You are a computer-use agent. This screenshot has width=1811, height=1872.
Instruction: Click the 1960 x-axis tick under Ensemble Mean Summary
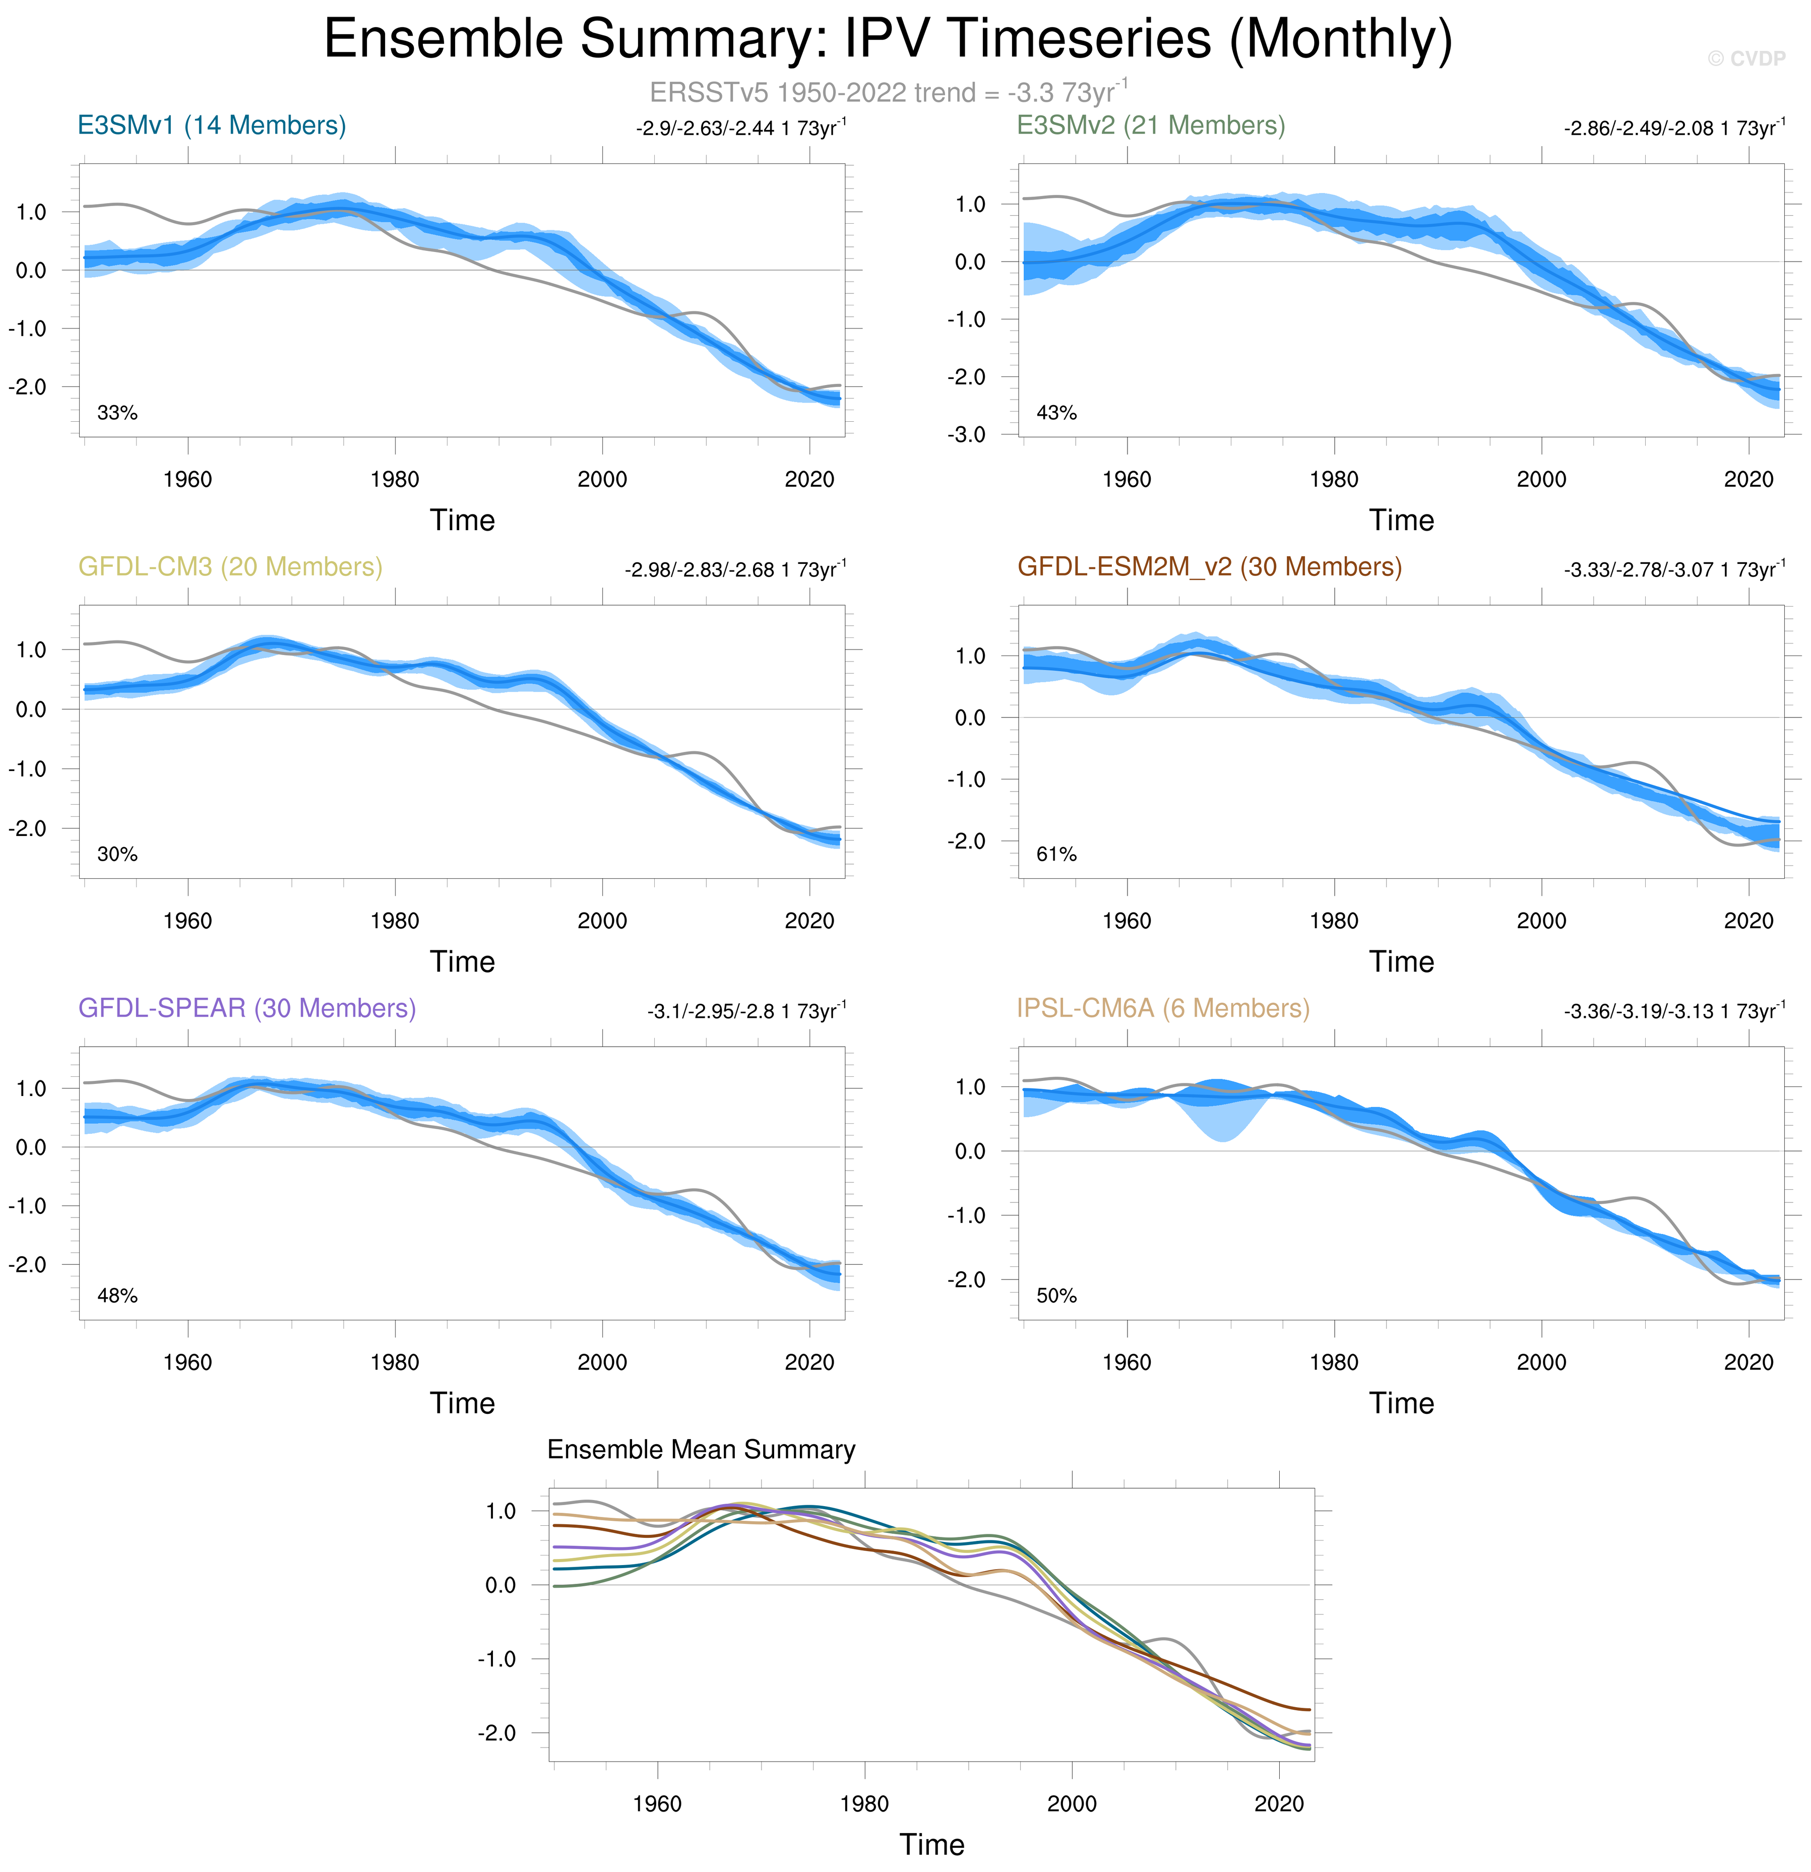tap(657, 1803)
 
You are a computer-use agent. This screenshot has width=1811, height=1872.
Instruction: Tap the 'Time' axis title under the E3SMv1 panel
tap(462, 521)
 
